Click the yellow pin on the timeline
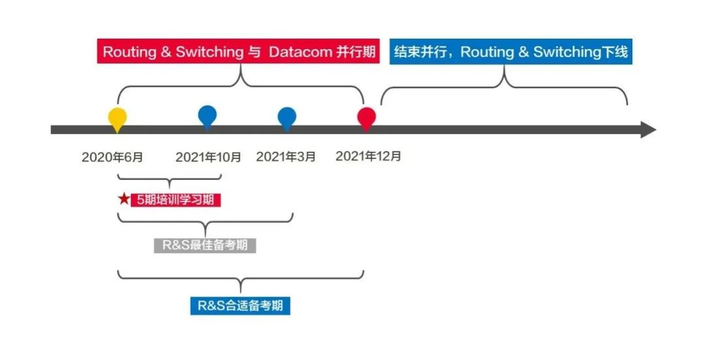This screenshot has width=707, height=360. [117, 118]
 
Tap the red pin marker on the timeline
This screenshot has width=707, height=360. [367, 118]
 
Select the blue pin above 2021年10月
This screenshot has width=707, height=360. [207, 116]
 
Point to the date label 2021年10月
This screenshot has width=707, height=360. [208, 157]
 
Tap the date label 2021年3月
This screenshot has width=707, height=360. [286, 157]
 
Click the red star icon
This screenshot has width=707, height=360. [124, 199]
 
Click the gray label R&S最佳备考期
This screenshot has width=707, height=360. [205, 245]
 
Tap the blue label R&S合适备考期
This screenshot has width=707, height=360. [240, 306]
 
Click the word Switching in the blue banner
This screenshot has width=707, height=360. [566, 52]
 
